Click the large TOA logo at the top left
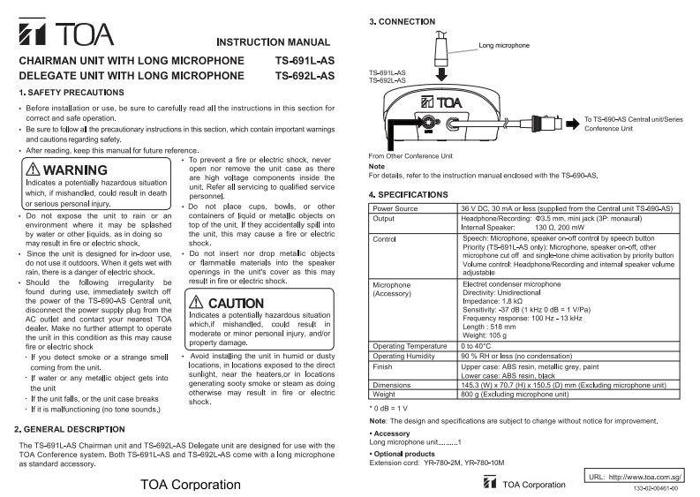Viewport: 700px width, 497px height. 66,34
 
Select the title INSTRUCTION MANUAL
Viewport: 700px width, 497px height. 274,42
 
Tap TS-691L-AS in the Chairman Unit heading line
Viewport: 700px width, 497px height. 305,61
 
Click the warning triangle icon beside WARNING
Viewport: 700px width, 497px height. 30,169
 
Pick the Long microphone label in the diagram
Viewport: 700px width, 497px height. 505,43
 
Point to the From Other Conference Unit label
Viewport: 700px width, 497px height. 415,155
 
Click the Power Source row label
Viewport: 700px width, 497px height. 396,207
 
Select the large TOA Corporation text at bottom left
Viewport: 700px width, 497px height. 190,484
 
